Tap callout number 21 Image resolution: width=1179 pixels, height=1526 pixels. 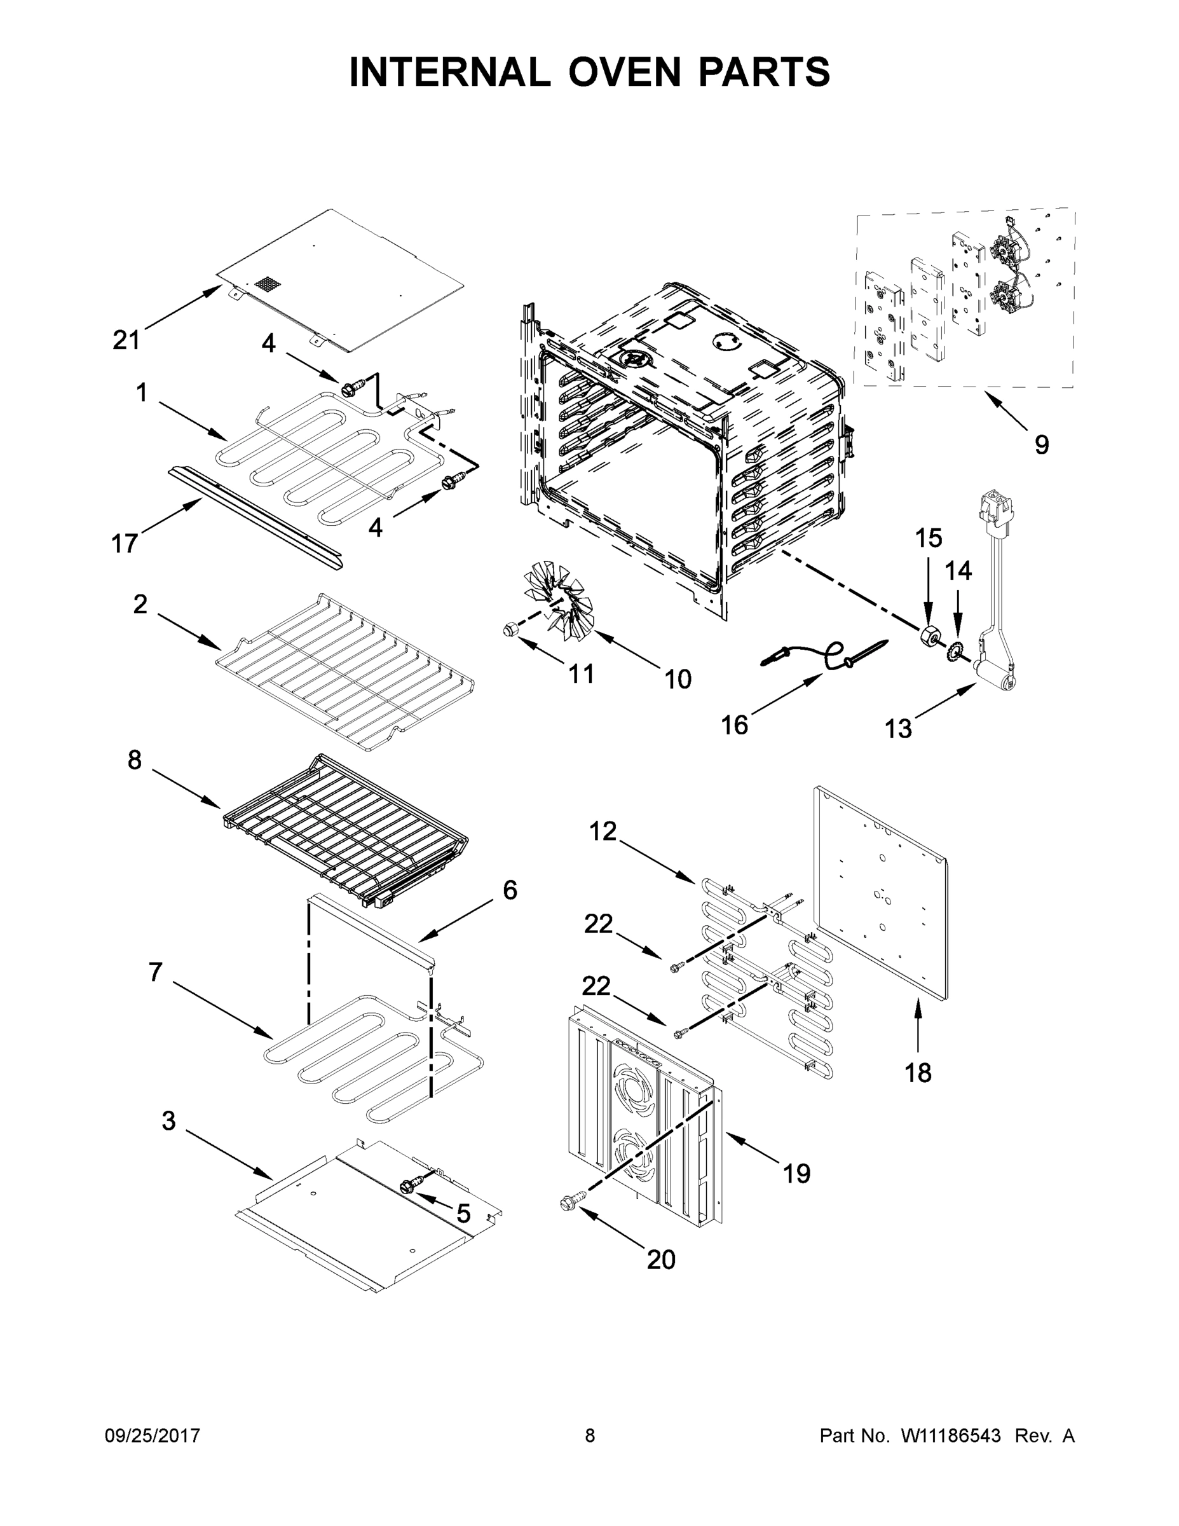(126, 340)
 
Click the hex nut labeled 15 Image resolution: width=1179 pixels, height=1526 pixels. (929, 636)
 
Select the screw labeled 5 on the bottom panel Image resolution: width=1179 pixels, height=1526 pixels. (409, 1184)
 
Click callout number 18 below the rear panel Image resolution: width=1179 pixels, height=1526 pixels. (918, 1072)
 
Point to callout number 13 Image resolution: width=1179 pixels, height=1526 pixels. (898, 729)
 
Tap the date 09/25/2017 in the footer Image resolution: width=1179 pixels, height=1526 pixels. (153, 1436)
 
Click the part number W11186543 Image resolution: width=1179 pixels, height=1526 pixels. (951, 1436)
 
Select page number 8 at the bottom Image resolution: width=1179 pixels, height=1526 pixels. (590, 1436)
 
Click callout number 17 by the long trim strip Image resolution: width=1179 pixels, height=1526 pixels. (125, 543)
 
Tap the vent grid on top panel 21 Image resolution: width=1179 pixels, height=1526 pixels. (266, 284)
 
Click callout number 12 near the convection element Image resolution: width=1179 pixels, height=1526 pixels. (603, 831)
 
